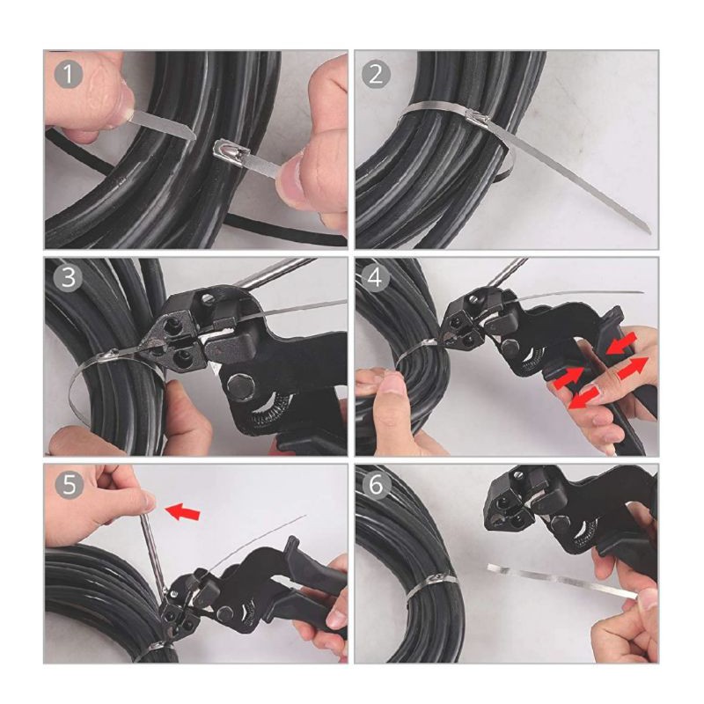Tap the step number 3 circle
(69, 277)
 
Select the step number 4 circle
(376, 278)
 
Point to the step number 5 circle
(70, 485)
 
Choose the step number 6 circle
(377, 485)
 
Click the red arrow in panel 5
(182, 511)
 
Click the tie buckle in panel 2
(478, 119)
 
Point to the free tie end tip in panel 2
(647, 229)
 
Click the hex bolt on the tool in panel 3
(241, 385)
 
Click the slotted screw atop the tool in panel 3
(207, 298)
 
